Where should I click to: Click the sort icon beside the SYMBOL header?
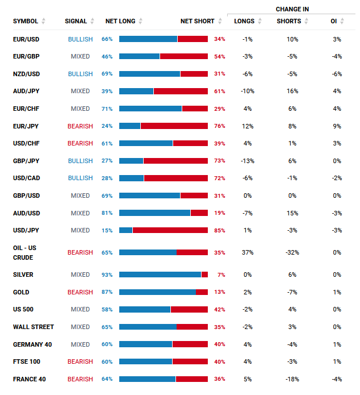pyautogui.click(x=43, y=21)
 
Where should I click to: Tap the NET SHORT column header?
pyautogui.click(x=198, y=21)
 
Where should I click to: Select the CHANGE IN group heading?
pyautogui.click(x=292, y=9)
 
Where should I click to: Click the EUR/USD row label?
pyautogui.click(x=26, y=39)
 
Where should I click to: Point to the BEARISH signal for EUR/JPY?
pyautogui.click(x=80, y=126)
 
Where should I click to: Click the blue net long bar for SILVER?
pyautogui.click(x=160, y=275)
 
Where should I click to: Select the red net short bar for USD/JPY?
pyautogui.click(x=170, y=230)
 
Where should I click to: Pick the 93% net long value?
pyautogui.click(x=107, y=275)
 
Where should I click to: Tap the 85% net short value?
pyautogui.click(x=220, y=231)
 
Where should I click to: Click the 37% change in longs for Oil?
pyautogui.click(x=248, y=252)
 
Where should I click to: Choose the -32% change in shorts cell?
pyautogui.click(x=292, y=252)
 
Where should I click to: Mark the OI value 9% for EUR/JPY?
pyautogui.click(x=337, y=126)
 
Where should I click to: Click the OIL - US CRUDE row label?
pyautogui.click(x=24, y=253)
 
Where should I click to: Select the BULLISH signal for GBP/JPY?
pyautogui.click(x=80, y=161)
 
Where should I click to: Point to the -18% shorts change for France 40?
pyautogui.click(x=292, y=379)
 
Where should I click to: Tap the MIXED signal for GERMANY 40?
pyautogui.click(x=80, y=344)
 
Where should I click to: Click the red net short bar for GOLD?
pyautogui.click(x=202, y=292)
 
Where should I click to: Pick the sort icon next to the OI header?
pyautogui.click(x=342, y=21)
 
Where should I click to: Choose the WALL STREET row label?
pyautogui.click(x=34, y=327)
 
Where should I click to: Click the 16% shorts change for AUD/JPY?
pyautogui.click(x=292, y=91)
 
